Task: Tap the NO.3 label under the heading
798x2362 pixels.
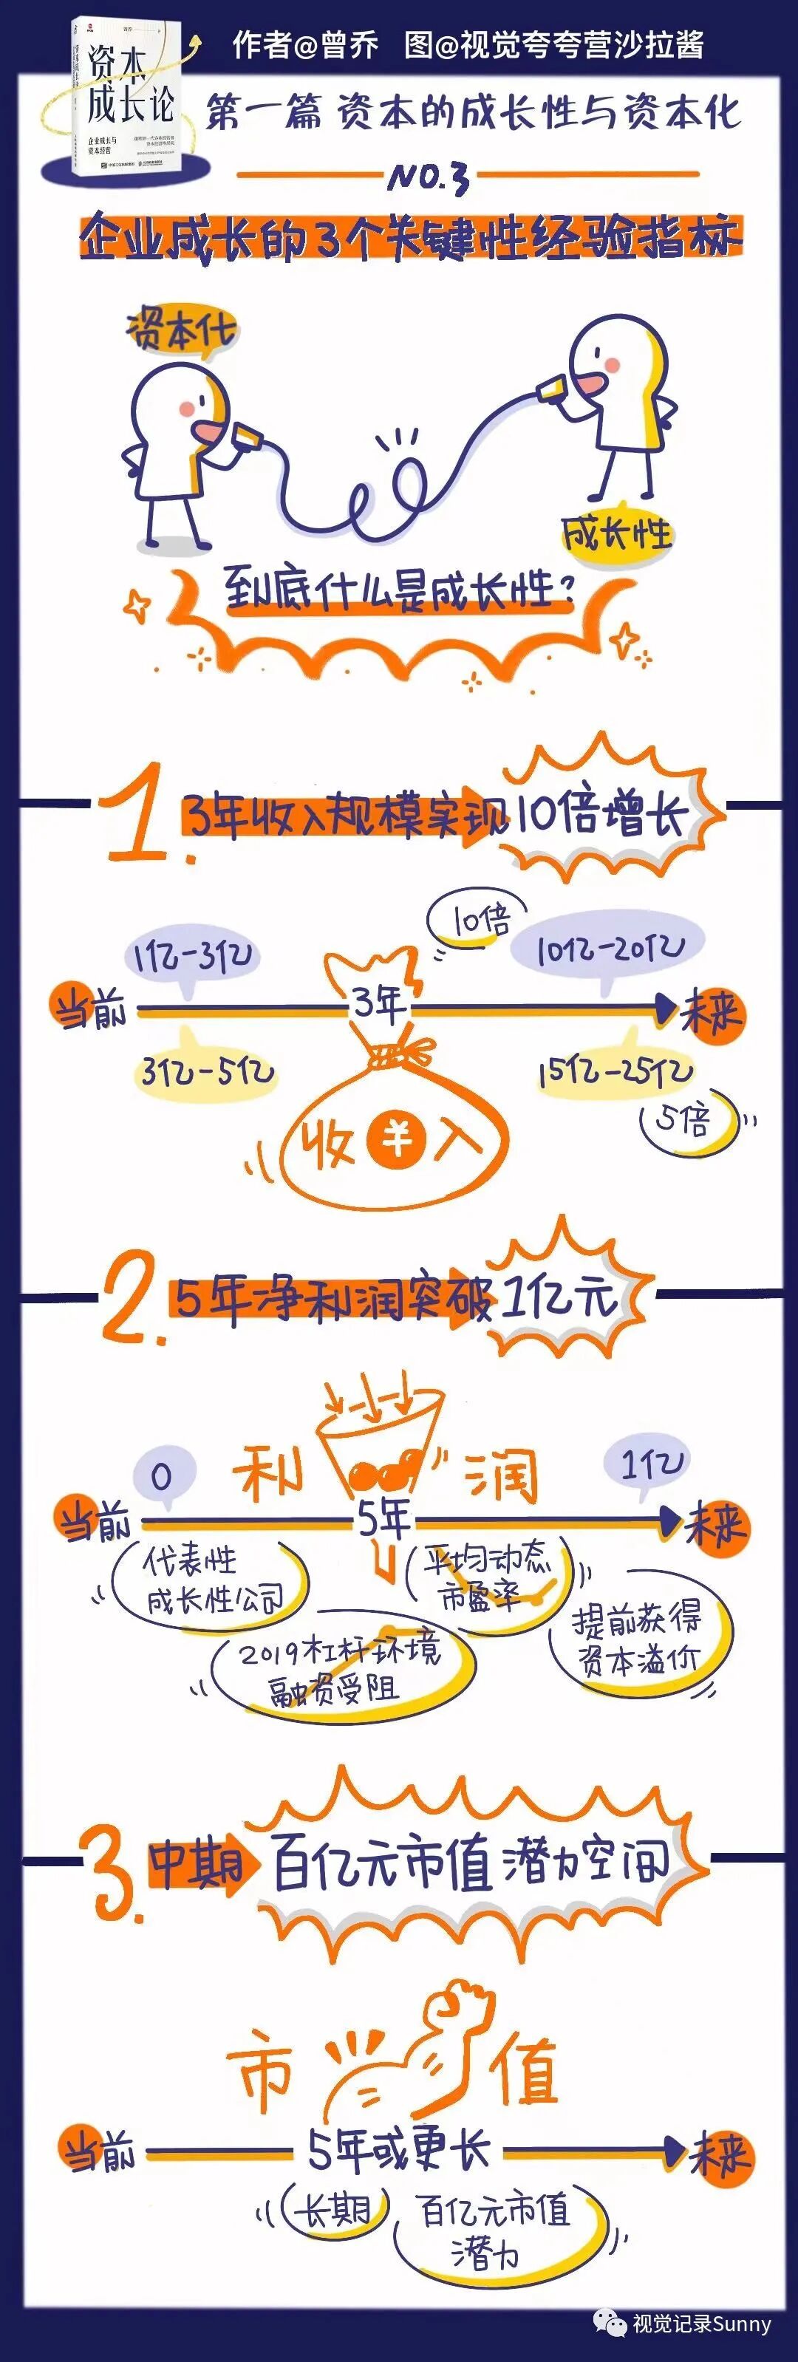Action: coord(429,176)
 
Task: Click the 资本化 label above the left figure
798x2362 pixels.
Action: coord(182,330)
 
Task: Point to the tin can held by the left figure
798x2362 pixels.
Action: coord(241,438)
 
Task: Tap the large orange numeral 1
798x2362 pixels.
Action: coord(137,814)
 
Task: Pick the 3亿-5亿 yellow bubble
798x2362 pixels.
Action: coord(206,1068)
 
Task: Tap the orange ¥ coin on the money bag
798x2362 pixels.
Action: coord(398,1140)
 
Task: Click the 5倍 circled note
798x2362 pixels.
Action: coord(688,1119)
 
